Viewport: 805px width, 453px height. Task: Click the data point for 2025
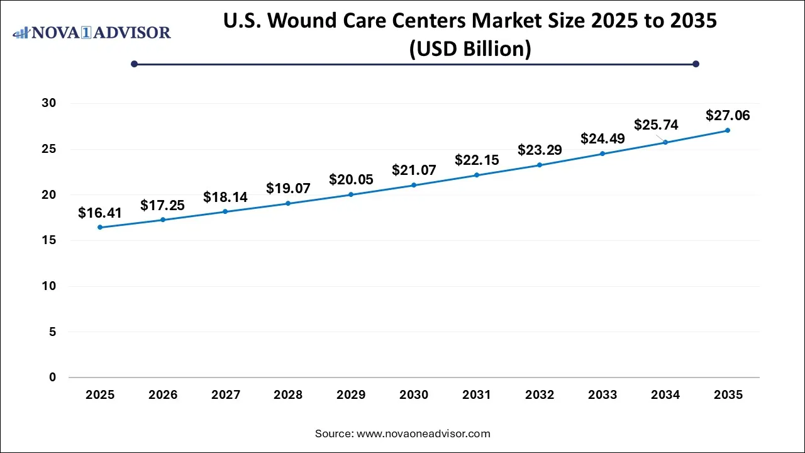click(100, 227)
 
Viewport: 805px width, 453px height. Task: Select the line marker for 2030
click(414, 185)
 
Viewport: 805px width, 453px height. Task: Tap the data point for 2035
click(728, 130)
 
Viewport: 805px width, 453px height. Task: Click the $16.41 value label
click(99, 213)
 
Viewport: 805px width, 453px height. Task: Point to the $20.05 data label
click(351, 180)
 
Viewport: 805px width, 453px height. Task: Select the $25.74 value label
click(656, 125)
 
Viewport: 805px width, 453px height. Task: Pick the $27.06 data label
click(728, 116)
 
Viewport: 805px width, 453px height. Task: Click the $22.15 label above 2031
click(477, 160)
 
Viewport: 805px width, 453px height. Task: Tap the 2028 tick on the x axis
click(288, 395)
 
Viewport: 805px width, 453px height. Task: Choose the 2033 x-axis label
click(602, 395)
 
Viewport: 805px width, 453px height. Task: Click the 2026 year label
click(163, 395)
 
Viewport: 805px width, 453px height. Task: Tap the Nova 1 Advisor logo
click(92, 32)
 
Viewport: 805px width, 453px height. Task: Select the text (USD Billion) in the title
click(470, 48)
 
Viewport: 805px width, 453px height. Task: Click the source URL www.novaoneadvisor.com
click(423, 433)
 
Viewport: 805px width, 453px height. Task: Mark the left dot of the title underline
click(134, 64)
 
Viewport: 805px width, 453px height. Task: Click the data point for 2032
click(540, 165)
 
